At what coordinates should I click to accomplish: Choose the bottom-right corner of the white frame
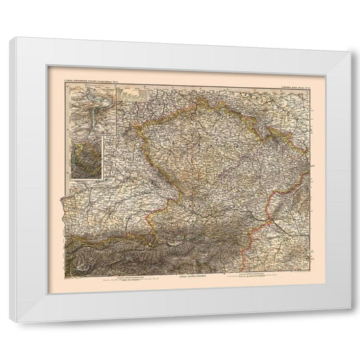point(350,309)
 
